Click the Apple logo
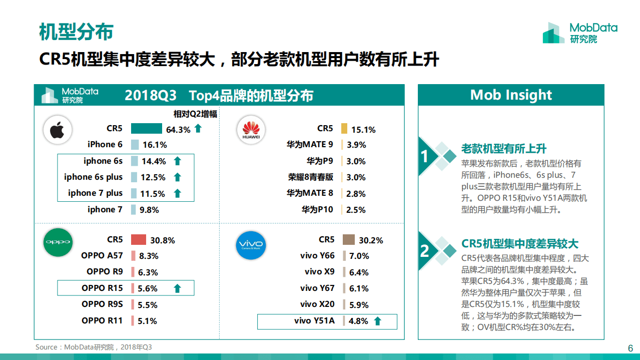point(58,130)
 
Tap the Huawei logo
point(251,130)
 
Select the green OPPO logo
point(58,242)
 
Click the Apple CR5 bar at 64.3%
point(147,129)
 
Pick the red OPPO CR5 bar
point(139,240)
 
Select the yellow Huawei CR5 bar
point(344,129)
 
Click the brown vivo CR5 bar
point(348,240)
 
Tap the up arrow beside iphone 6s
point(177,161)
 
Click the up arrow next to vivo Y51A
point(377,321)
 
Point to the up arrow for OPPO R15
point(177,288)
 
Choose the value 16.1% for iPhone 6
point(155,145)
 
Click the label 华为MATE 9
point(310,145)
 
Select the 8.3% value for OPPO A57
point(149,256)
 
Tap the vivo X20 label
point(317,304)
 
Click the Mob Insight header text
point(511,95)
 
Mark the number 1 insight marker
point(424,157)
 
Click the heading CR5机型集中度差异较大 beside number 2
point(520,244)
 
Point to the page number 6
point(630,348)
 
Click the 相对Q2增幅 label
point(195,114)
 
